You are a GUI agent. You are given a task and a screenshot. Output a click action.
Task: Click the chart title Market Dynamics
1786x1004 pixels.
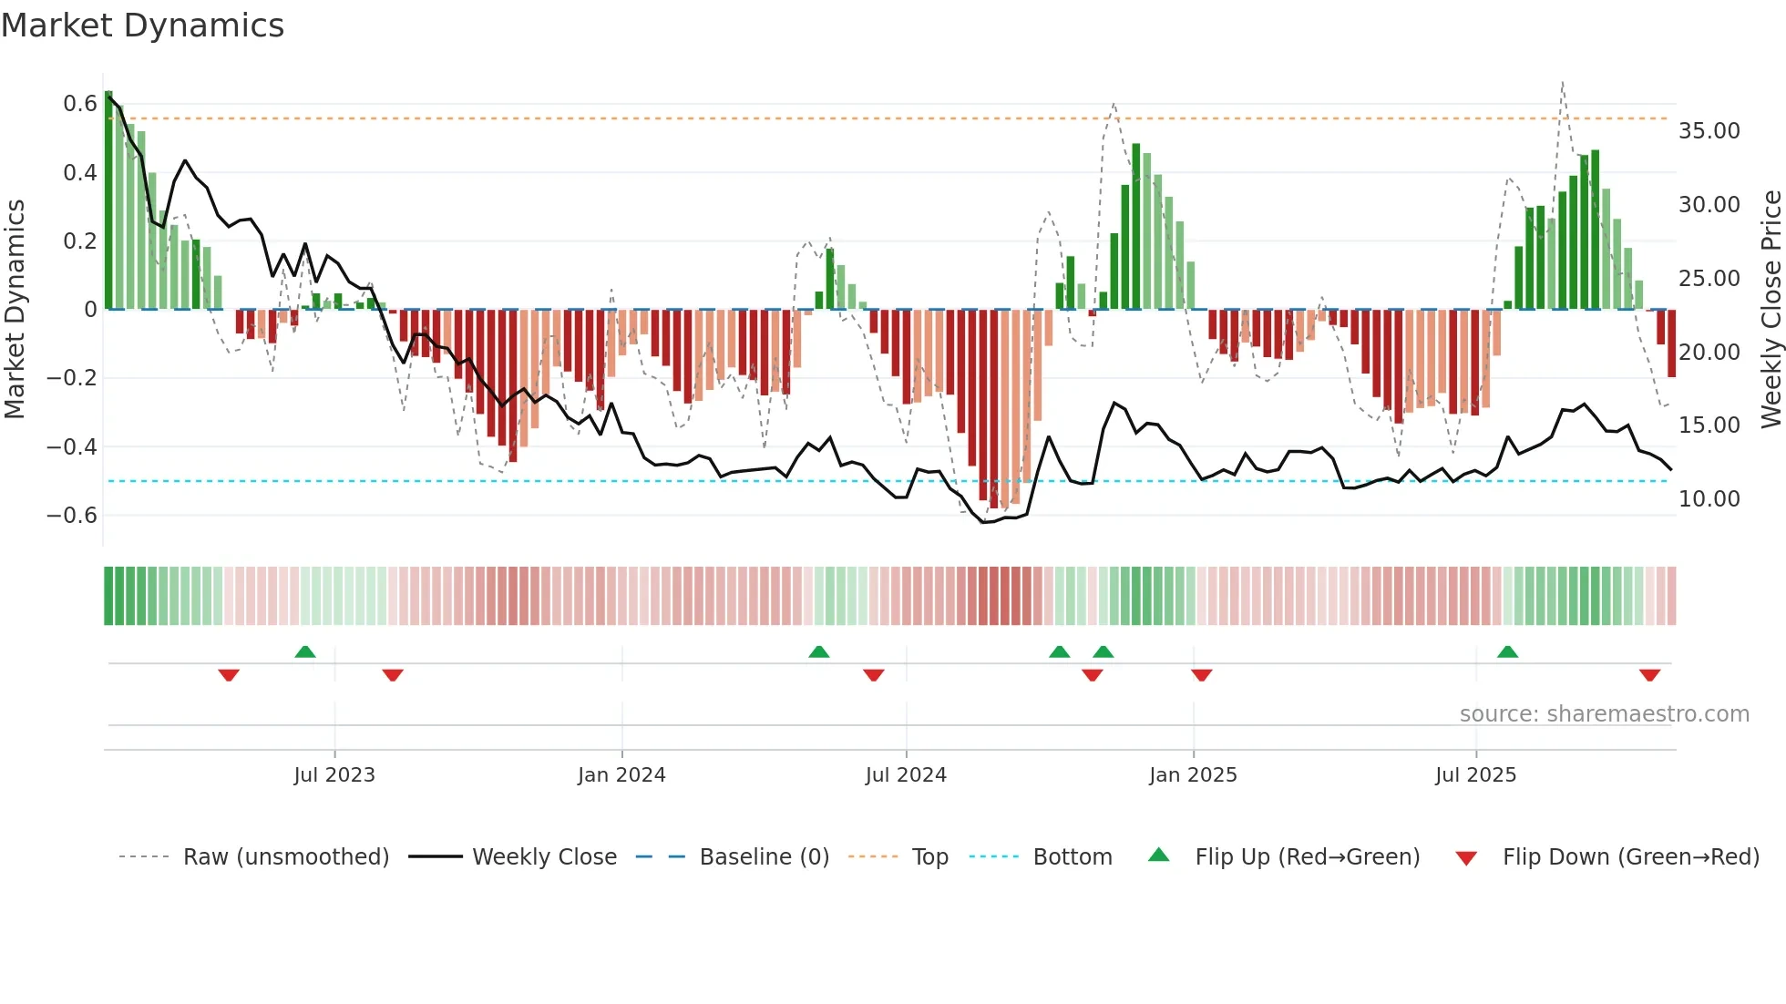(142, 26)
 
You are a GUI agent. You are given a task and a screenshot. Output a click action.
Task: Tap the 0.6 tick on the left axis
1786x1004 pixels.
(80, 104)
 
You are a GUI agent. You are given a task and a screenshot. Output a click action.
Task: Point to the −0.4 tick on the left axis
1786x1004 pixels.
(72, 446)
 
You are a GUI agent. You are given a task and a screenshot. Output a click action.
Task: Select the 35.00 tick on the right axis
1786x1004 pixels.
(1709, 131)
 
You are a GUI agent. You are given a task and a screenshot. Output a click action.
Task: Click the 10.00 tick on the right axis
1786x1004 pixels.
(1709, 499)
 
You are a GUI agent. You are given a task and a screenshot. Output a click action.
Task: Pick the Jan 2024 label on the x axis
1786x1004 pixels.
(621, 775)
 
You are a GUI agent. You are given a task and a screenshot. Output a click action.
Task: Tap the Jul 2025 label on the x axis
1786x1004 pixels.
(1475, 775)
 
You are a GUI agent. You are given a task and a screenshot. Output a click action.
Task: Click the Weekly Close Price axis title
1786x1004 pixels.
(1771, 309)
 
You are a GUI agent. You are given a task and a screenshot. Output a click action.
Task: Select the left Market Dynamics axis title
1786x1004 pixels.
(15, 309)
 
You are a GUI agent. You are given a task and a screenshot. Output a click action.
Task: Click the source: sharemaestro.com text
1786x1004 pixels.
(1604, 714)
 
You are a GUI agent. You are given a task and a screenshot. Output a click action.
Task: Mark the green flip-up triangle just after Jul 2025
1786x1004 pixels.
(1507, 652)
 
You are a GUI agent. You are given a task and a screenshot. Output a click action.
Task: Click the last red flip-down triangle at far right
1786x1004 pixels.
(1649, 675)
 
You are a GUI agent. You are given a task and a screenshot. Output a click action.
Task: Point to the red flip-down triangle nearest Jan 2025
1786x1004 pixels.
(1201, 675)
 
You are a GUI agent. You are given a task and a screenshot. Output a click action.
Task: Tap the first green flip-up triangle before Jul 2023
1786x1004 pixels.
(305, 652)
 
